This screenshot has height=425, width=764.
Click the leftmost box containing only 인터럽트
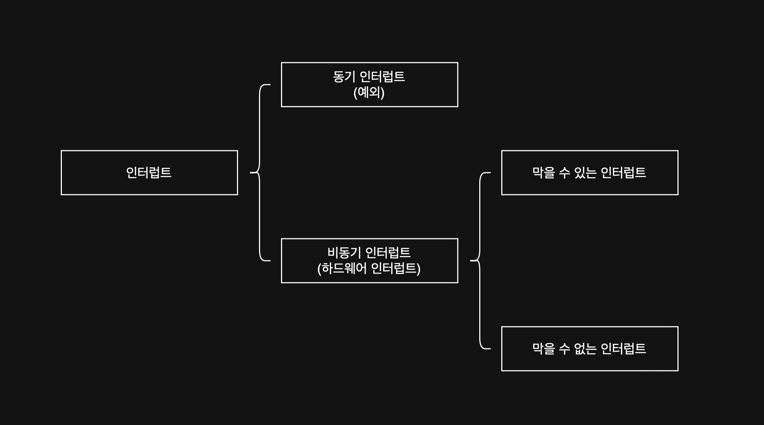click(x=149, y=173)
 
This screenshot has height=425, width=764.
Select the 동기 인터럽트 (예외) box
click(x=369, y=85)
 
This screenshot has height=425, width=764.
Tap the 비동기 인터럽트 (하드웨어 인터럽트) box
click(x=369, y=261)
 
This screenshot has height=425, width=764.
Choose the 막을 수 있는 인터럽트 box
click(x=590, y=173)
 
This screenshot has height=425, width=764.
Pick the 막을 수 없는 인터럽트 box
click(x=590, y=349)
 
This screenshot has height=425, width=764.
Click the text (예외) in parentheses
click(x=369, y=93)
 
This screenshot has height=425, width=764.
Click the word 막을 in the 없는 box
click(x=543, y=349)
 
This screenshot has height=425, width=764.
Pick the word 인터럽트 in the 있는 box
click(x=623, y=173)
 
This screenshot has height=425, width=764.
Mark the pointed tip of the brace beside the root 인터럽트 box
click(x=251, y=173)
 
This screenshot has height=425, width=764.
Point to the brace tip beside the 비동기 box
click(x=471, y=261)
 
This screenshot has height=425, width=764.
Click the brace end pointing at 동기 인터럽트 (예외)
click(x=269, y=85)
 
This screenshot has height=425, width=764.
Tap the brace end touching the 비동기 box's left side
click(x=269, y=261)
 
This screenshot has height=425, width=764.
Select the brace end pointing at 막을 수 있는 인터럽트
click(x=489, y=173)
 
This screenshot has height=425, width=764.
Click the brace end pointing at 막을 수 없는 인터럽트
click(x=489, y=348)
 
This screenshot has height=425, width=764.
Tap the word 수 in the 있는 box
click(x=565, y=173)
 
